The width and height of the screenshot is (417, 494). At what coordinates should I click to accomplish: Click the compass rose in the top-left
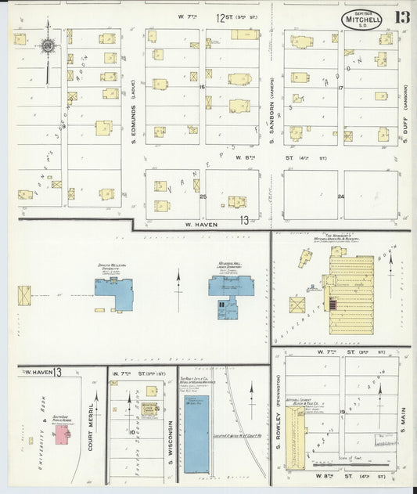click(49, 46)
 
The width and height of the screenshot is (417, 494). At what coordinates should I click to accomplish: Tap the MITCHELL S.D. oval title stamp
click(361, 20)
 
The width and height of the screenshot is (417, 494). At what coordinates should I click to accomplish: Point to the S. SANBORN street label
click(271, 110)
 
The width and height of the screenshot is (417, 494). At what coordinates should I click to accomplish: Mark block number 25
click(203, 196)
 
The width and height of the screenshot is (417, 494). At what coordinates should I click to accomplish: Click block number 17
click(340, 88)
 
